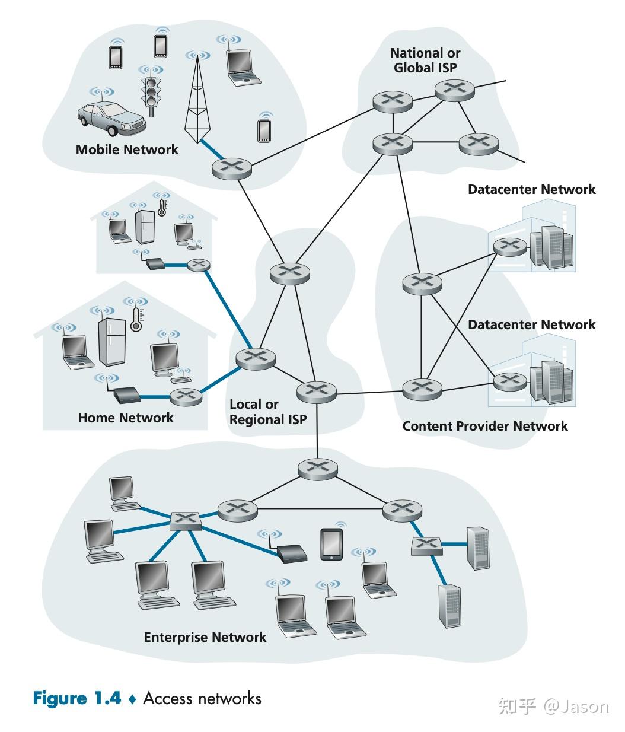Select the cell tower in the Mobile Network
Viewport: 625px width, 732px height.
(197, 107)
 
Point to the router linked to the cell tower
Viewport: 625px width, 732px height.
(231, 168)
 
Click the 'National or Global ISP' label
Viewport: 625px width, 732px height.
(425, 61)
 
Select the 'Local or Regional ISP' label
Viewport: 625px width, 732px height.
(267, 412)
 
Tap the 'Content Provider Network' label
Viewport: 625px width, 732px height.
(484, 426)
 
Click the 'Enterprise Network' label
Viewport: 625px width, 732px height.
(205, 637)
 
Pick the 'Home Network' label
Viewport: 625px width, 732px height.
(126, 418)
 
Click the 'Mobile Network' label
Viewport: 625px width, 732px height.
(127, 149)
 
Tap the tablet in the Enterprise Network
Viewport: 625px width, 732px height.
(331, 543)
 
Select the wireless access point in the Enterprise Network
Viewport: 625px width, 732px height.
(292, 553)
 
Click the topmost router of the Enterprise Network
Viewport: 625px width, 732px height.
(317, 468)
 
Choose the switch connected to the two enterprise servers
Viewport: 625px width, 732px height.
(426, 545)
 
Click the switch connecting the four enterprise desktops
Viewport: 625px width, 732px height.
(186, 520)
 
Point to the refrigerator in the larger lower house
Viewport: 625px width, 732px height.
(111, 342)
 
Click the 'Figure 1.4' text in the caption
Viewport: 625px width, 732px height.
(76, 698)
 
